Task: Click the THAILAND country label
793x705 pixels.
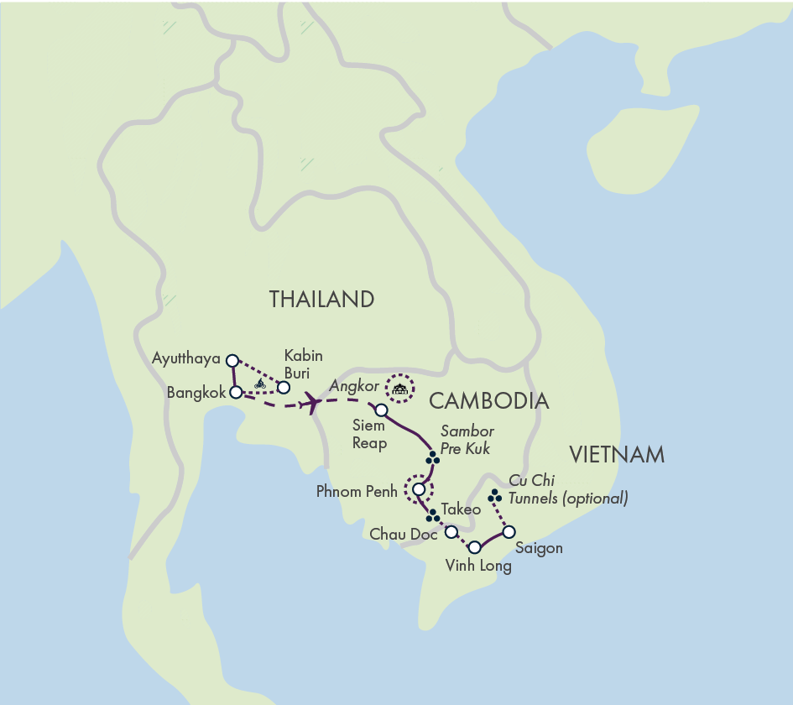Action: [321, 300]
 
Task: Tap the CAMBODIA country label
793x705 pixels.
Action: [491, 401]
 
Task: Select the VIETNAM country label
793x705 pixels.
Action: [617, 456]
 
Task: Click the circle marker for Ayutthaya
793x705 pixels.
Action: [232, 360]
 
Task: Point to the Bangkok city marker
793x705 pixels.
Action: [237, 391]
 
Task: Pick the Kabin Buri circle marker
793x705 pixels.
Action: [284, 387]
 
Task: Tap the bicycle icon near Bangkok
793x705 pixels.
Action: [260, 384]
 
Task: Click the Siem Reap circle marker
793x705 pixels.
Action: [381, 410]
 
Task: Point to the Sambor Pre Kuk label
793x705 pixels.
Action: [467, 440]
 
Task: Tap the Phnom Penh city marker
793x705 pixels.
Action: [419, 488]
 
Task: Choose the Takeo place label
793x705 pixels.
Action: [461, 509]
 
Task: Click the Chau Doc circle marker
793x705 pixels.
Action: [451, 532]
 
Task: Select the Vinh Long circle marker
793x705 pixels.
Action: [474, 547]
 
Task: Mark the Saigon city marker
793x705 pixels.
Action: [509, 530]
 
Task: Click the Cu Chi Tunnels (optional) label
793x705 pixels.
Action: [568, 490]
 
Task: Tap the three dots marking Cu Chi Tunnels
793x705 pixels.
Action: [495, 497]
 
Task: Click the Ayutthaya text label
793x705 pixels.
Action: [185, 359]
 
